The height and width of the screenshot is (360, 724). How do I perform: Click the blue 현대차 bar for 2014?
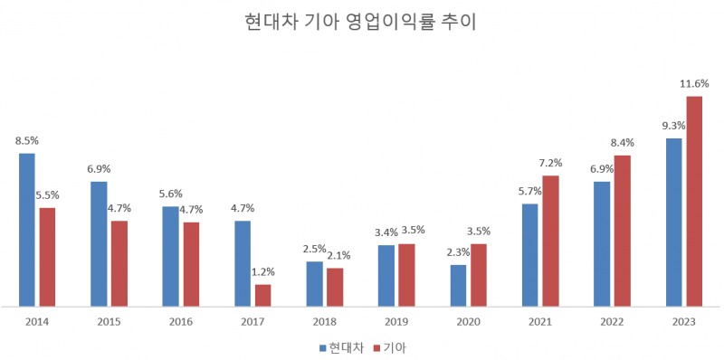(27, 230)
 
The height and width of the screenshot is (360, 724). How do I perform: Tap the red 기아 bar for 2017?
(262, 295)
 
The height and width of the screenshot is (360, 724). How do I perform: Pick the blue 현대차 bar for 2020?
(459, 285)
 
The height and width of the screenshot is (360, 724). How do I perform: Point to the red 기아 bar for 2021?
(550, 241)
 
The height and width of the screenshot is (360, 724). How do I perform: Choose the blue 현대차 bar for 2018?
(314, 283)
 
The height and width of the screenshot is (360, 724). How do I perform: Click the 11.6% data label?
(694, 84)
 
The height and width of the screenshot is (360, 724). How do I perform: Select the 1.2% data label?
(262, 271)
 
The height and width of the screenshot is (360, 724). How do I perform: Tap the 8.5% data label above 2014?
(27, 141)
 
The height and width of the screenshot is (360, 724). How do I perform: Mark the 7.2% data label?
(550, 164)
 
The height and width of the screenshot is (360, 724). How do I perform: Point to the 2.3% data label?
(459, 252)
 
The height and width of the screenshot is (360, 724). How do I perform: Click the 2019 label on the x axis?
(397, 321)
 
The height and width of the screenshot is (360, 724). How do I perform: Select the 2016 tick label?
(181, 321)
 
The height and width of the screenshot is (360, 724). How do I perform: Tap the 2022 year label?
(613, 321)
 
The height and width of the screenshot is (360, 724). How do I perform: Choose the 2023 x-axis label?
(684, 321)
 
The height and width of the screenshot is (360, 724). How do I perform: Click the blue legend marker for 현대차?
(322, 347)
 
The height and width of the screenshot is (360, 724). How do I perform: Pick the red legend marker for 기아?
(377, 347)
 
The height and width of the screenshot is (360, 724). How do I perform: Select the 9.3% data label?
(673, 126)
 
